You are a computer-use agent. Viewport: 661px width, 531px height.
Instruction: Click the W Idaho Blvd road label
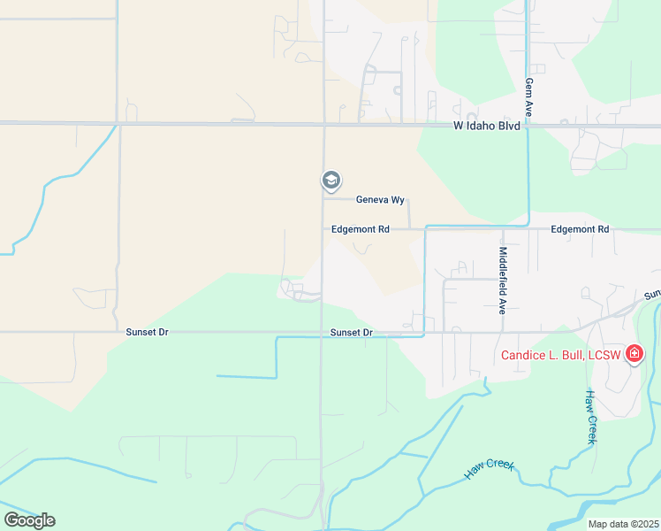tap(488, 127)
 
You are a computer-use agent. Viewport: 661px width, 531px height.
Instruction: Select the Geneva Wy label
tap(380, 200)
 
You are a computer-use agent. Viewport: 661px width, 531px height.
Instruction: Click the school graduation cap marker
tap(330, 181)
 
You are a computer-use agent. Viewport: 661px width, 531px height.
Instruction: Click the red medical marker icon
tap(634, 355)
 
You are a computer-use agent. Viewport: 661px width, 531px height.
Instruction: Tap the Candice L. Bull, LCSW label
tap(562, 356)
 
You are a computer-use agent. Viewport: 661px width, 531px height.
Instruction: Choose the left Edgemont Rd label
tap(360, 229)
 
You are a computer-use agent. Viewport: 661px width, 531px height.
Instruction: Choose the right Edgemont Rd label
tap(579, 229)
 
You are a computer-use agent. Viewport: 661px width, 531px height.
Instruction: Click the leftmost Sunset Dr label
tap(146, 333)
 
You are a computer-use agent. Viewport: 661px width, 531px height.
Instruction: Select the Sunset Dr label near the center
tap(352, 333)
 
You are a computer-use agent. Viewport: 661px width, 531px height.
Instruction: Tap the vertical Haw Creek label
tap(591, 416)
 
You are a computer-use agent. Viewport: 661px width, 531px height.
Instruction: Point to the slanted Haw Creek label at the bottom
tap(489, 469)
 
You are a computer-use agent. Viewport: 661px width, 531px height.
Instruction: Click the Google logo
tap(29, 520)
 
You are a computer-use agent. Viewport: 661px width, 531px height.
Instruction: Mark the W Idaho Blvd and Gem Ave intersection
tap(528, 126)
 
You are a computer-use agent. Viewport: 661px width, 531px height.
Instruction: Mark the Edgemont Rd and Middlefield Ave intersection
tap(502, 228)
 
